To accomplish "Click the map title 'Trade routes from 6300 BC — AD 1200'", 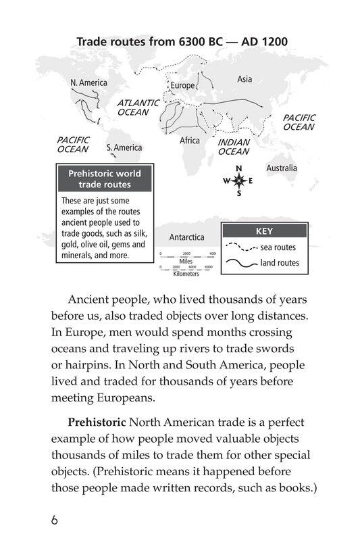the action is [x=182, y=42].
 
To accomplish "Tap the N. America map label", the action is [x=88, y=82].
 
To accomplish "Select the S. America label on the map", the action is [x=124, y=147].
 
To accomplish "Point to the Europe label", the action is [x=182, y=86].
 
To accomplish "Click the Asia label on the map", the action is [x=245, y=79].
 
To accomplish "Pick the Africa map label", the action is [x=190, y=141].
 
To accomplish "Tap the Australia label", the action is [x=282, y=168].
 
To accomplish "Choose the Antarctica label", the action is [x=186, y=237].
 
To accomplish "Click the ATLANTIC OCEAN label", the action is [x=138, y=107].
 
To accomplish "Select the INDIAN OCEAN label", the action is [x=234, y=147].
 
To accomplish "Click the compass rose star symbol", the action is [x=238, y=180].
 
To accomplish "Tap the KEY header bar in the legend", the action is [x=264, y=231].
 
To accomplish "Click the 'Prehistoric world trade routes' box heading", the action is [x=105, y=179].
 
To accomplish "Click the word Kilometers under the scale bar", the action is [x=186, y=274].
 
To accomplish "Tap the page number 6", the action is [x=55, y=521].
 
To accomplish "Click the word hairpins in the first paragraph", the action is [x=85, y=366].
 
